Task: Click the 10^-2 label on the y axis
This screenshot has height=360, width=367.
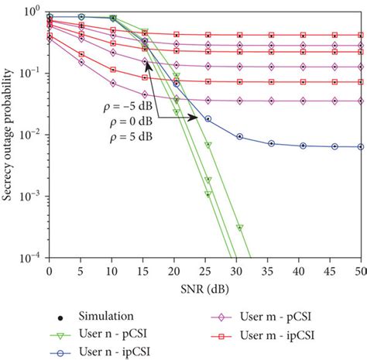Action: point(32,135)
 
